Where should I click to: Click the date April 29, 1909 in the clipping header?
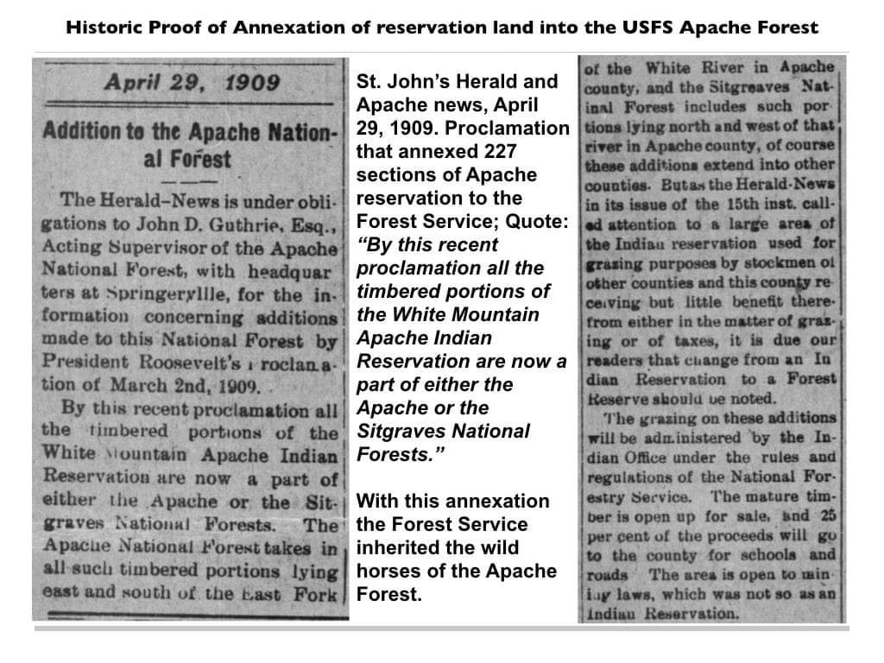coord(192,83)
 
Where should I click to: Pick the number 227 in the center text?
coord(499,152)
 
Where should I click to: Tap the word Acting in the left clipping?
coord(69,248)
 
